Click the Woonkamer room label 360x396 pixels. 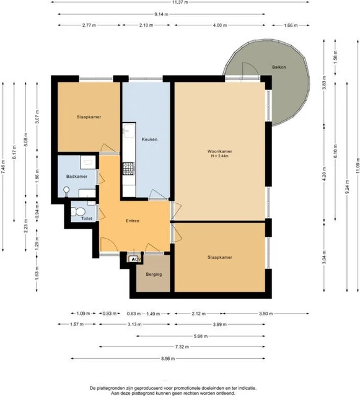point(220,151)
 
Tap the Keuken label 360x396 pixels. point(149,139)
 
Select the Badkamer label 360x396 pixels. point(77,177)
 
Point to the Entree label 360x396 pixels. point(133,221)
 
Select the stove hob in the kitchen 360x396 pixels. point(128,167)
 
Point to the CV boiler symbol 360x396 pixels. point(135,259)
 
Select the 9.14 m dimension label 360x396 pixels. point(164,14)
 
